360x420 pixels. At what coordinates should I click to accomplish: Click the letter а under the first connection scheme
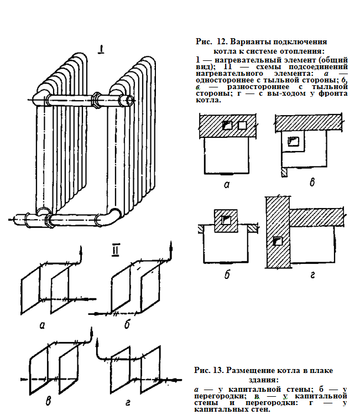(x=43, y=325)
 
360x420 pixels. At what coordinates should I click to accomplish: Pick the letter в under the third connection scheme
(x=49, y=401)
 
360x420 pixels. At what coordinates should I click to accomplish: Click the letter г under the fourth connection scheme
(x=128, y=402)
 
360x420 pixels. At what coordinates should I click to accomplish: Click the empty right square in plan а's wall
(x=242, y=126)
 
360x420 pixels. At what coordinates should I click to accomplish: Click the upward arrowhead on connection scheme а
(x=81, y=252)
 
